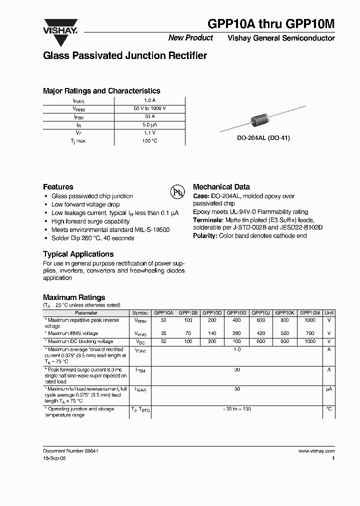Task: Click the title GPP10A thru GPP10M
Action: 271,25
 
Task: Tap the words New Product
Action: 190,38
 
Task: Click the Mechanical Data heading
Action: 221,187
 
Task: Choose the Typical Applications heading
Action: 78,254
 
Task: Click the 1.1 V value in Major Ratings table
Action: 149,132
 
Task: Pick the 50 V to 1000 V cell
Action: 149,108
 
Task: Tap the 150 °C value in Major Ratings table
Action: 149,140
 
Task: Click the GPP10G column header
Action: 237,312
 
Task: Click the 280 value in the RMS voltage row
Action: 237,333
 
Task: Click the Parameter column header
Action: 86,312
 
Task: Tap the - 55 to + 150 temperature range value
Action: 237,409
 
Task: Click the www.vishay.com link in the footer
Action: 316,450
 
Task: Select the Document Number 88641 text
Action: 70,450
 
